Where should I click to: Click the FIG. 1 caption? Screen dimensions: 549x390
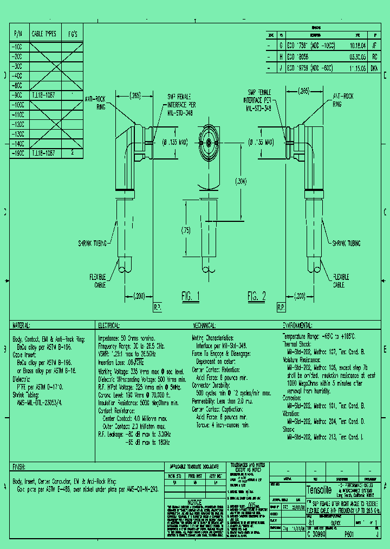click(191, 297)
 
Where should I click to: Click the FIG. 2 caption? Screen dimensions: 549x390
click(257, 296)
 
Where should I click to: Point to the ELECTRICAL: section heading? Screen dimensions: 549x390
click(109, 325)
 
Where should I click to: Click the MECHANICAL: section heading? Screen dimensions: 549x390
click(205, 325)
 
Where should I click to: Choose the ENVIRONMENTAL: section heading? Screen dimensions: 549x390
click(298, 325)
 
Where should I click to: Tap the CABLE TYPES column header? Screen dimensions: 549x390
click(44, 34)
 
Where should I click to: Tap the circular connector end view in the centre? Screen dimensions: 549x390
click(207, 139)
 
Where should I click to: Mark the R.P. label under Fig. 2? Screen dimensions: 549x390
click(281, 308)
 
